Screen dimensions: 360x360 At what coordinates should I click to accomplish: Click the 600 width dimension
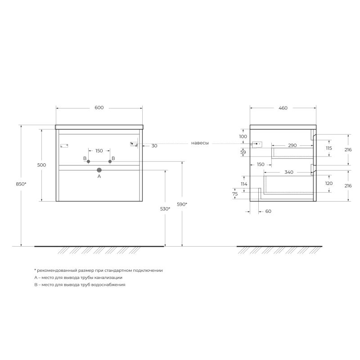coord(99,108)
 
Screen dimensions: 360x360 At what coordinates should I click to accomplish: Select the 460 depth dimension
coord(283,108)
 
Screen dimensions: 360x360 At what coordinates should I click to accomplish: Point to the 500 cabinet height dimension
coord(42,165)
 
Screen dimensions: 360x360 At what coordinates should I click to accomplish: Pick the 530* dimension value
coord(165,209)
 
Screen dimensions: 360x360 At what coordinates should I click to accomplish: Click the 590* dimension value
coord(182,204)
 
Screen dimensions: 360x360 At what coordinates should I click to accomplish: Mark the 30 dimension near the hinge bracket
coord(154,146)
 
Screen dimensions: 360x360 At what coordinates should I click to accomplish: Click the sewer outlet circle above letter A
coord(99,170)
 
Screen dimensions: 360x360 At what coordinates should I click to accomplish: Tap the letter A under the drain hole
coord(99,177)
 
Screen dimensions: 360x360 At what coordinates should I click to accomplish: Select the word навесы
coord(200,143)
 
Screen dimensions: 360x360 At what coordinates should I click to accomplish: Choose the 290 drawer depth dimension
coord(292,145)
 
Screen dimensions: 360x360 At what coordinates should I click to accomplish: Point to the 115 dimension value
coord(328,148)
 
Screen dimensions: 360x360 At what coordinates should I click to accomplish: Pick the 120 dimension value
coord(328,184)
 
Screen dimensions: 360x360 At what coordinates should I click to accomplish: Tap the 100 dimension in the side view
coord(243,136)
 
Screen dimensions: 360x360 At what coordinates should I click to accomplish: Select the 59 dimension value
coord(243,152)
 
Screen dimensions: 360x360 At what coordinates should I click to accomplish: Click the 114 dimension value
coord(244,184)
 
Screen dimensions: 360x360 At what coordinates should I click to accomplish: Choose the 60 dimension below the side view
coord(269,211)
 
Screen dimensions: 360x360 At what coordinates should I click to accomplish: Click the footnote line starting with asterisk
coord(98,270)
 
